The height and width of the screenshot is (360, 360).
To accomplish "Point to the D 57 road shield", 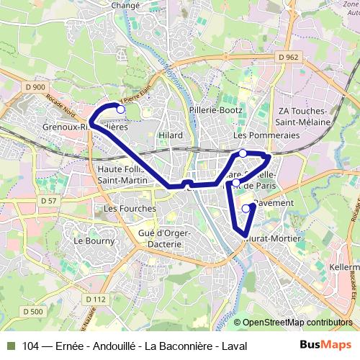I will [x=48, y=200].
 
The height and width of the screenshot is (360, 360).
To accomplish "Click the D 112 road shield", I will [x=95, y=299].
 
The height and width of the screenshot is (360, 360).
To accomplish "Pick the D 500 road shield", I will [x=32, y=312].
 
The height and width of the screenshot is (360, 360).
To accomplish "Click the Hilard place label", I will [x=171, y=135].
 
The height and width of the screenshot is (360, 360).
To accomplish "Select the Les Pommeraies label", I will [x=256, y=135].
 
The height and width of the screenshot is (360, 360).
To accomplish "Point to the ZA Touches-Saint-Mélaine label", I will [x=304, y=117].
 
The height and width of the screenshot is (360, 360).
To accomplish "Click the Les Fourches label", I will [x=130, y=209].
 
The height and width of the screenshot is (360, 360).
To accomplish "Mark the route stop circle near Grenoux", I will [x=121, y=110].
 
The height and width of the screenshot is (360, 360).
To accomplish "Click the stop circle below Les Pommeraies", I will [x=243, y=153].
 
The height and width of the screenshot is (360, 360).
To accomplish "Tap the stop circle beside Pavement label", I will [x=246, y=209].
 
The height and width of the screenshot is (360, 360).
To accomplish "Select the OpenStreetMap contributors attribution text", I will [x=293, y=323].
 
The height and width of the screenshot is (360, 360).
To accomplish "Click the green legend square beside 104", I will [x=10, y=346].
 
